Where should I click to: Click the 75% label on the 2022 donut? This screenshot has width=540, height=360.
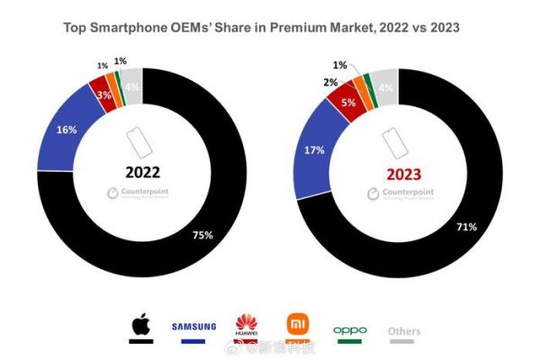pyautogui.click(x=202, y=236)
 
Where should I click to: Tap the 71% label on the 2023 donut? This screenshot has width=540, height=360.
pyautogui.click(x=466, y=228)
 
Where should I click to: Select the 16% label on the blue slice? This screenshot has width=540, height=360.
pyautogui.click(x=67, y=130)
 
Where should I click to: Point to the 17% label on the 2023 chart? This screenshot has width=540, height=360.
pyautogui.click(x=315, y=151)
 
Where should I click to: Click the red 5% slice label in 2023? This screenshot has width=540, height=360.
pyautogui.click(x=346, y=103)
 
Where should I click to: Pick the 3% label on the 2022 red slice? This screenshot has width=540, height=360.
pyautogui.click(x=103, y=94)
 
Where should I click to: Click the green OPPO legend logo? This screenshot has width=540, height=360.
pyautogui.click(x=350, y=330)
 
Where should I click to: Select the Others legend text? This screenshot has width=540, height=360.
pyautogui.click(x=404, y=330)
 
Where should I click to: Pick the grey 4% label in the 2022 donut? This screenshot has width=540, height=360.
pyautogui.click(x=130, y=86)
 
